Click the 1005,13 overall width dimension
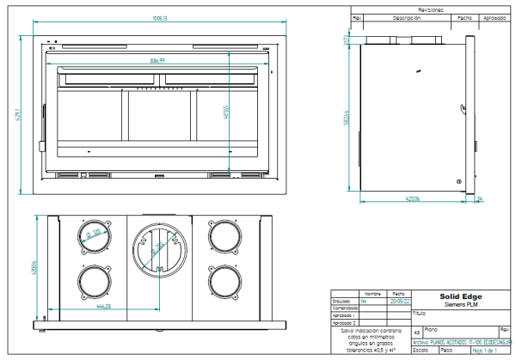tap(159, 17)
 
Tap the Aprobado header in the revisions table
tap(494, 17)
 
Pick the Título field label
tap(420, 314)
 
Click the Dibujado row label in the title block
tap(344, 301)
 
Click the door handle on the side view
tap(460, 181)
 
